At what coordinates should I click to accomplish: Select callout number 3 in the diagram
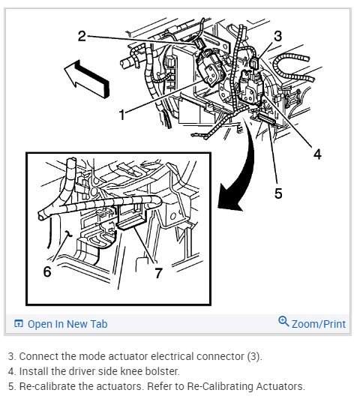277,35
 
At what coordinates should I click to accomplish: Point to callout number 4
317,154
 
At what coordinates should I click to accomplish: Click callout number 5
278,193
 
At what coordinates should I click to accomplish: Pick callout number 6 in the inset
46,271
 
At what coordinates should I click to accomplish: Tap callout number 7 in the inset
158,273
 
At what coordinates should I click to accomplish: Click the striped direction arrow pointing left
86,76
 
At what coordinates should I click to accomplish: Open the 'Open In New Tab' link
67,324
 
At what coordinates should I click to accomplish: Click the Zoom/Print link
319,324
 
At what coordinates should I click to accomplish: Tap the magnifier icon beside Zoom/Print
283,322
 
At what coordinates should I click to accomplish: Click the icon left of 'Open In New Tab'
19,324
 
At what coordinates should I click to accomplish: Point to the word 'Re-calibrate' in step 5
43,385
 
